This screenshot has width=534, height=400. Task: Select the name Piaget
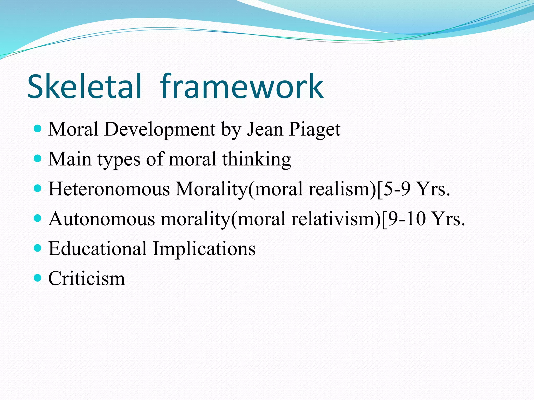pos(314,129)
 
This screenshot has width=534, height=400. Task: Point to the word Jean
pos(265,129)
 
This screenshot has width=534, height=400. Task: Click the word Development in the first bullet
pos(160,129)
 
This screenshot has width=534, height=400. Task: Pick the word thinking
pos(257,159)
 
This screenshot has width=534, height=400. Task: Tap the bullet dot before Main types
pos(38,158)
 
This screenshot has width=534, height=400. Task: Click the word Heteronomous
pos(109,189)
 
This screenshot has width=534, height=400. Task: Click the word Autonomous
pos(102,219)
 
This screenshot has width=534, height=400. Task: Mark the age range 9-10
pos(407,219)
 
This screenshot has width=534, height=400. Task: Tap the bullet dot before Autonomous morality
pos(38,218)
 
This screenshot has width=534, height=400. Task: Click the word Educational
pos(98,249)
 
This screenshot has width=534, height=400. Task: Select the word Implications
pos(204,249)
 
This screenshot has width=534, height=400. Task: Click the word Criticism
pos(87,279)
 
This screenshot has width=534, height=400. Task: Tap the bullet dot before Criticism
pos(38,278)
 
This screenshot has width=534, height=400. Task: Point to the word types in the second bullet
pos(119,159)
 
